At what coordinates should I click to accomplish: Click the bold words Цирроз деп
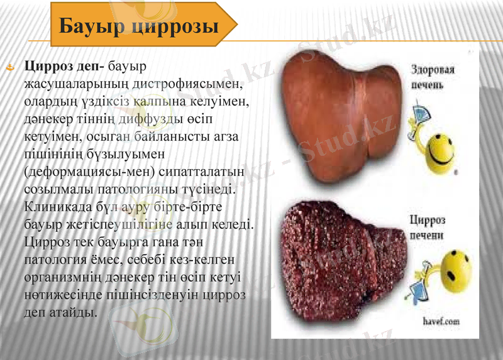tap(64, 65)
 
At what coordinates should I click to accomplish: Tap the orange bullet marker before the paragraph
tap(10, 65)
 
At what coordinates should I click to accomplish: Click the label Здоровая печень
tap(433, 76)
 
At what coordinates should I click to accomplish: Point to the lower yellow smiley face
tap(456, 270)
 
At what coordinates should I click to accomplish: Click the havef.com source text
tap(441, 321)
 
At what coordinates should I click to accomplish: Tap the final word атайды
tap(71, 312)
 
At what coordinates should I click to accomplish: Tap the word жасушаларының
tap(74, 83)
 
